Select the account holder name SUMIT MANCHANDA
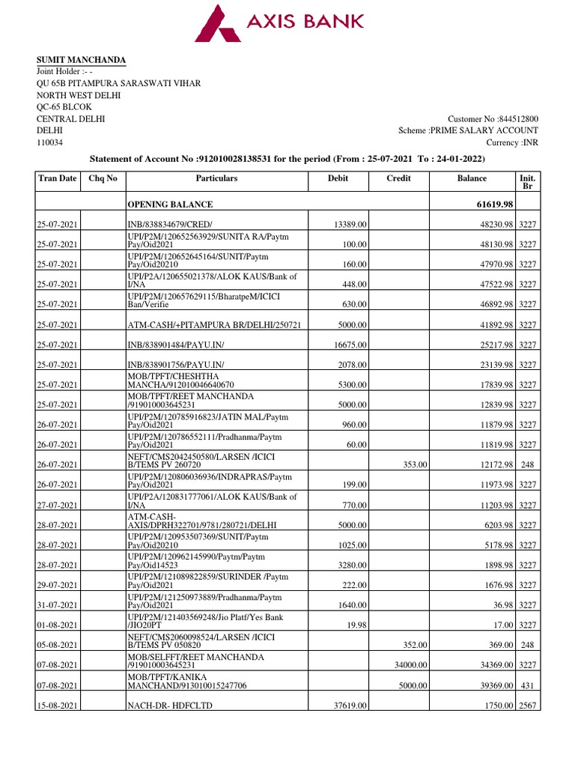[x=82, y=60]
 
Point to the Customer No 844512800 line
[x=493, y=119]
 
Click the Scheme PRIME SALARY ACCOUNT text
[x=468, y=131]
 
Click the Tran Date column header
[x=57, y=178]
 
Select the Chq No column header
[x=103, y=178]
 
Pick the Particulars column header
[x=216, y=178]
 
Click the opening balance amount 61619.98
[x=490, y=204]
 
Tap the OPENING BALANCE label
[x=170, y=204]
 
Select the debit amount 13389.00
[x=347, y=225]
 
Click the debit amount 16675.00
[x=347, y=345]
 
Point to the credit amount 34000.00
[x=410, y=665]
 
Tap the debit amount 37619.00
[x=347, y=706]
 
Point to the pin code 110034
[x=50, y=142]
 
